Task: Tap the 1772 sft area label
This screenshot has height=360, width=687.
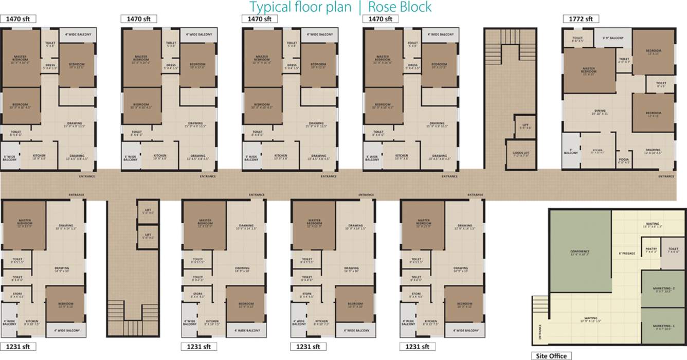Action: tap(581, 19)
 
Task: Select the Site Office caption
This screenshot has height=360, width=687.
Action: tap(550, 355)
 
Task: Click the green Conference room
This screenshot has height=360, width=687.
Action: tap(580, 252)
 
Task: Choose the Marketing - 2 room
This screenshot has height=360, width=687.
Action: tap(663, 289)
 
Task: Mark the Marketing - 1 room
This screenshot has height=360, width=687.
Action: tap(663, 327)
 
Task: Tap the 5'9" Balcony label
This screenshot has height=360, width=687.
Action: tap(613, 38)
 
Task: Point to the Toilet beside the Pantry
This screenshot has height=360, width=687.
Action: tap(673, 251)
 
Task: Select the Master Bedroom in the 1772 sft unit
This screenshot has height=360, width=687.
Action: tap(589, 71)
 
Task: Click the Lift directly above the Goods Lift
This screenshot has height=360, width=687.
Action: tap(525, 127)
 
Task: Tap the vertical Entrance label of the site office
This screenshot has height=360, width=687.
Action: tap(539, 333)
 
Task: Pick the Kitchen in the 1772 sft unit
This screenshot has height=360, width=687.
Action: tap(596, 151)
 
